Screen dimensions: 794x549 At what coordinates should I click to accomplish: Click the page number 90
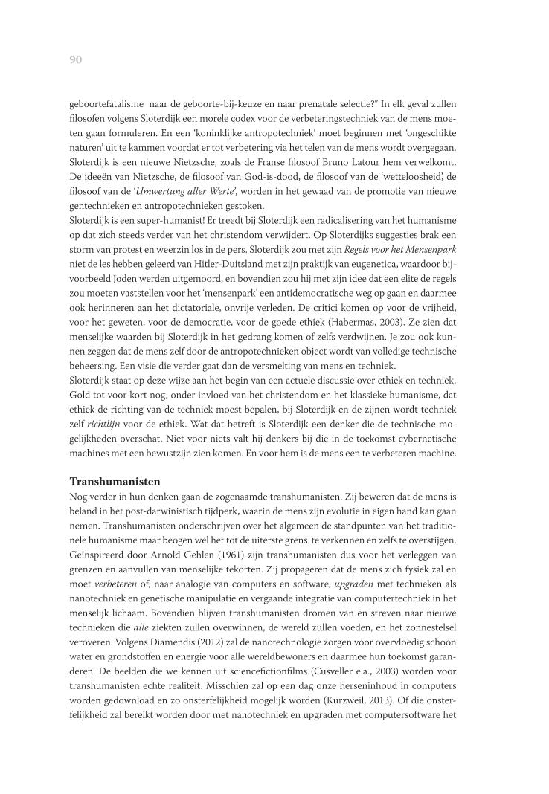(x=75, y=59)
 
